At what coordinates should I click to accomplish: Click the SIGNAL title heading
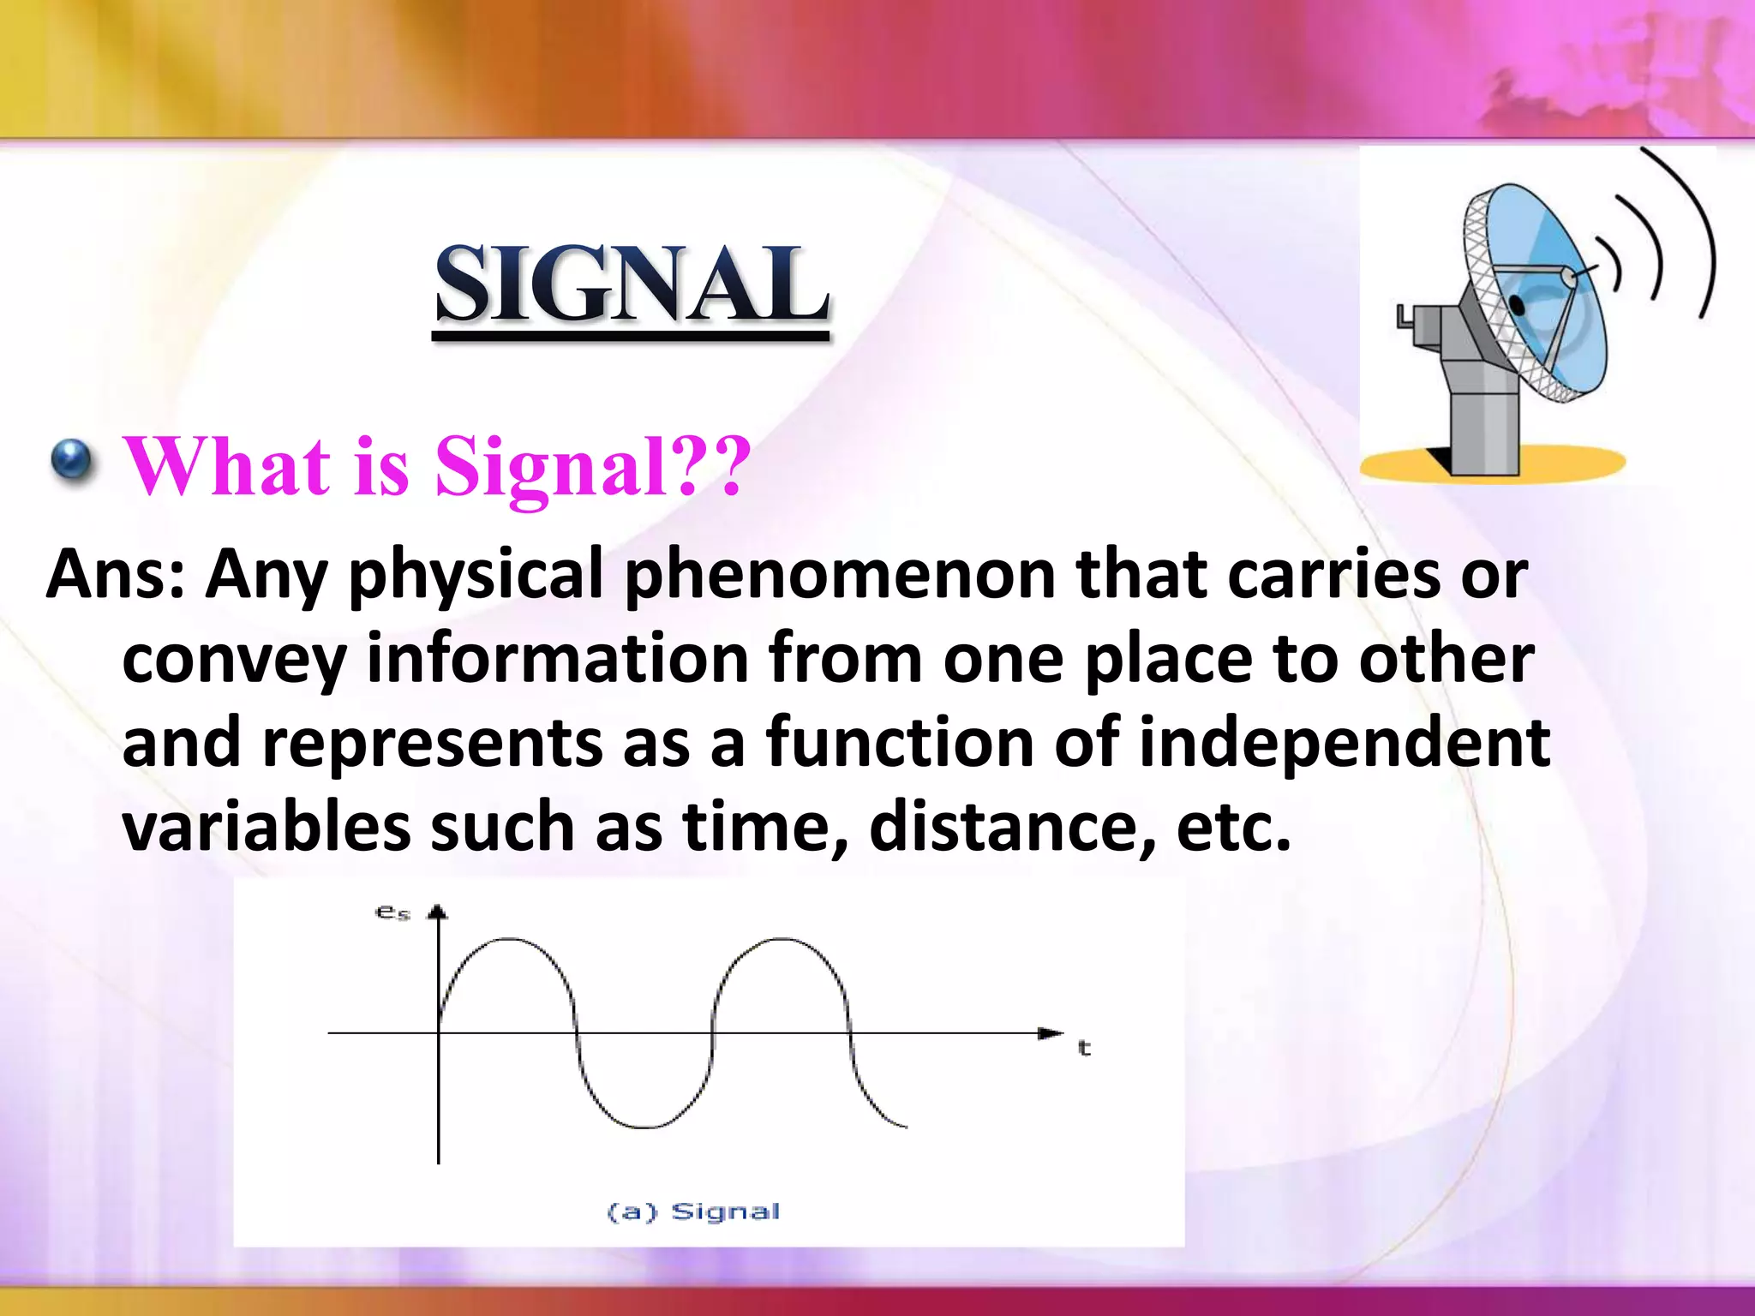coord(632,284)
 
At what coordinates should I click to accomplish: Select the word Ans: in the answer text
coord(116,574)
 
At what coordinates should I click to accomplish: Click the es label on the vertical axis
coord(392,912)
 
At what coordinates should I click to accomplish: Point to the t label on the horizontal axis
coord(1084,1048)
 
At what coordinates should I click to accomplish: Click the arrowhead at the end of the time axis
coord(1051,1033)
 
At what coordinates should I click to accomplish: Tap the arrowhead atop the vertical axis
coord(438,912)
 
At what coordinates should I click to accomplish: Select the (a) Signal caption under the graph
coord(693,1211)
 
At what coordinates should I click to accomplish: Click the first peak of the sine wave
coord(509,940)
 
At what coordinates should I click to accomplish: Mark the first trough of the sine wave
coord(644,1126)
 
